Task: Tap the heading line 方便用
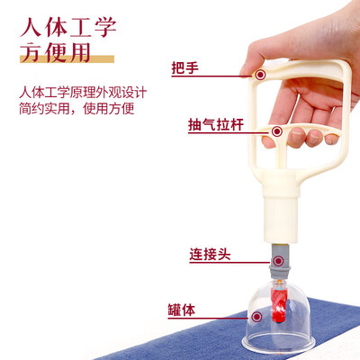point(55,52)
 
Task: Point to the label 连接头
point(210,255)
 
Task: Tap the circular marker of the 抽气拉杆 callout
point(277,131)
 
